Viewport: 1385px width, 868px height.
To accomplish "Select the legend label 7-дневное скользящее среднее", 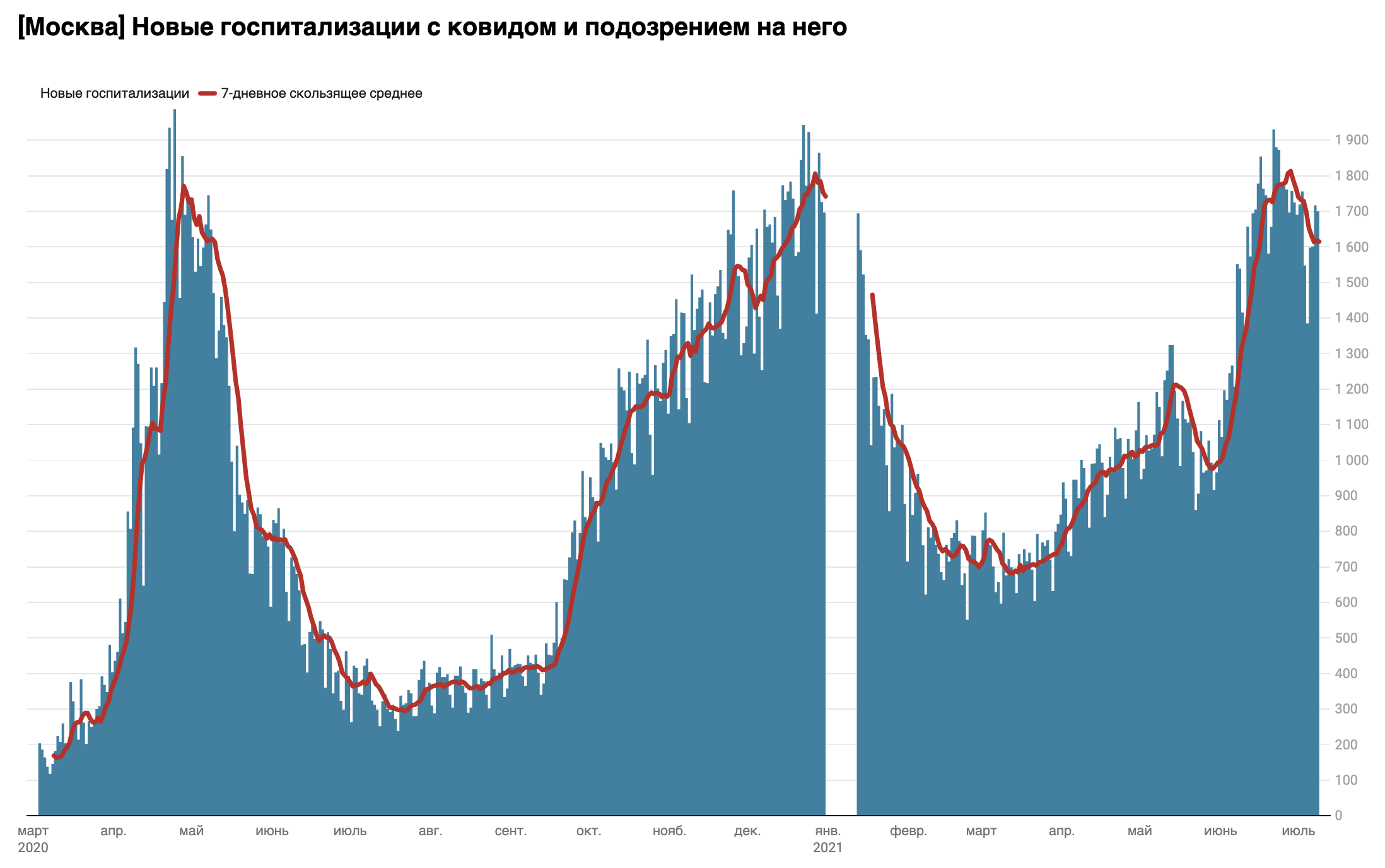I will [x=322, y=93].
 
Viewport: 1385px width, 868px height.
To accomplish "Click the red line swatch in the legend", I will [x=207, y=93].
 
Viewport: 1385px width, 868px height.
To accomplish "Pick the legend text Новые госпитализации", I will [x=115, y=93].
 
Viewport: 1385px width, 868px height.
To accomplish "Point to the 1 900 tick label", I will [x=1352, y=140].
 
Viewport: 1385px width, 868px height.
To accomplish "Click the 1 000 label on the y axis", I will [x=1352, y=460].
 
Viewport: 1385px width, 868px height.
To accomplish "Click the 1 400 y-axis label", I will [x=1352, y=318].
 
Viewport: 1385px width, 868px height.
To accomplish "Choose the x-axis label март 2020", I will [x=33, y=839].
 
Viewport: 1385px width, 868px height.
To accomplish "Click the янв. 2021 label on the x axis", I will [x=827, y=839].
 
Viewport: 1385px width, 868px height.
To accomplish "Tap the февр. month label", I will [x=908, y=831].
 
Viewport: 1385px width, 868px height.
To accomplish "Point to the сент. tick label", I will [x=511, y=831].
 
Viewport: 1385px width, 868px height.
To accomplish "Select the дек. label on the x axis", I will [x=747, y=831].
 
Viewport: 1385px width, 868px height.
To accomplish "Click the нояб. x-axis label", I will [x=669, y=831].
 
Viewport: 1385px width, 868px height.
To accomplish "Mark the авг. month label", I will [x=431, y=831].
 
